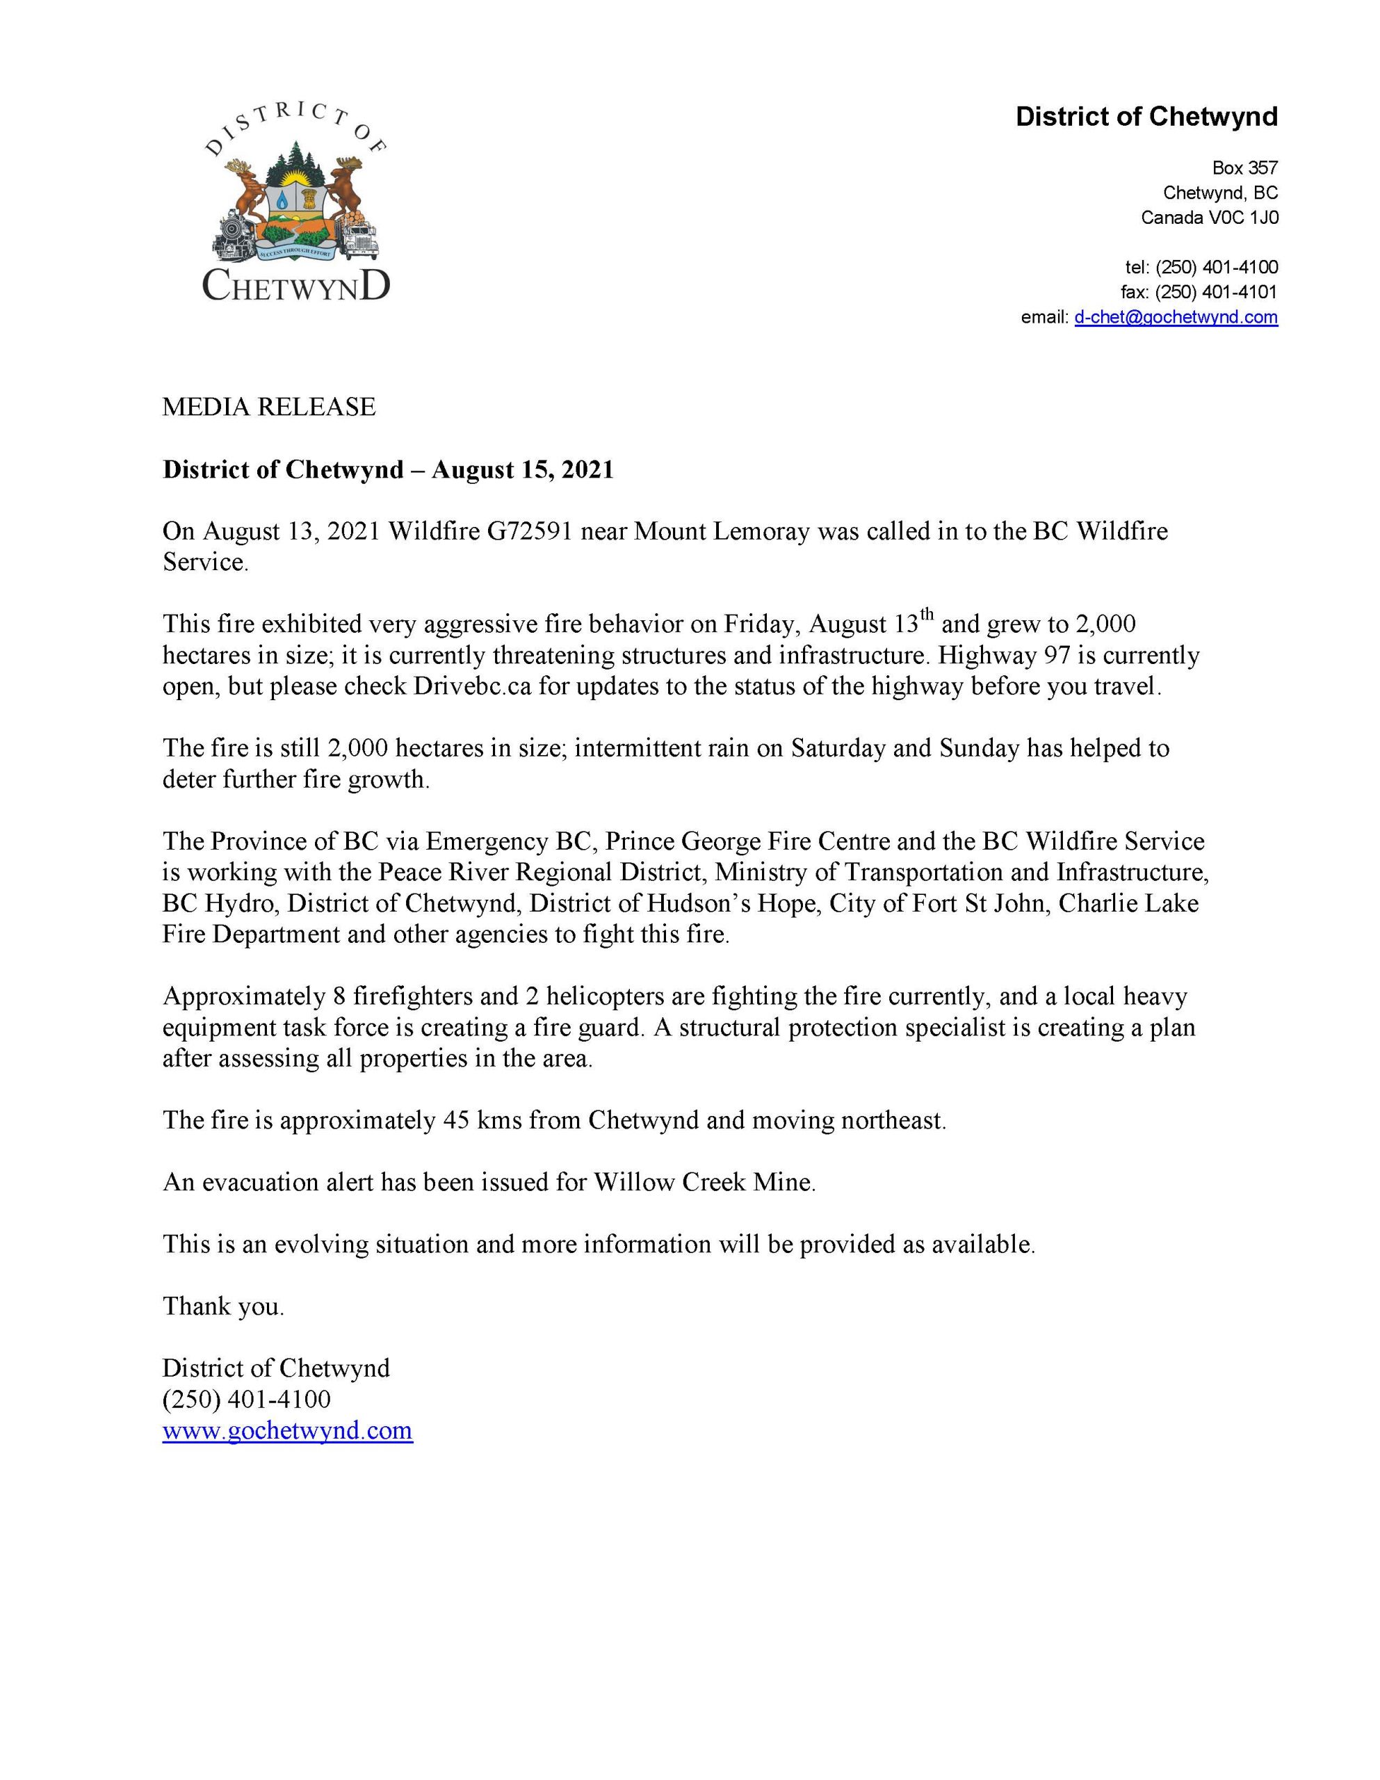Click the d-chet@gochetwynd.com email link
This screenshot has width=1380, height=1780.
(1175, 317)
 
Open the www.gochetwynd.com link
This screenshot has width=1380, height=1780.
(287, 1430)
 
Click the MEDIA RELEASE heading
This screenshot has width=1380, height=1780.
(269, 407)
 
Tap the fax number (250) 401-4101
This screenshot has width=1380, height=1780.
(1216, 292)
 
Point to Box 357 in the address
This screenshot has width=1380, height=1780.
(1244, 168)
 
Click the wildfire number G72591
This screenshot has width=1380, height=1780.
(530, 531)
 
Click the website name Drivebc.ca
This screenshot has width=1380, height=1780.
(472, 686)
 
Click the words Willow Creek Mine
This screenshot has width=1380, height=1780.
(704, 1182)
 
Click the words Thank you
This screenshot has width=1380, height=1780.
(223, 1306)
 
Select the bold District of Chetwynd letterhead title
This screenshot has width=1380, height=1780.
(1146, 118)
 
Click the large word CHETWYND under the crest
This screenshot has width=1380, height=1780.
(296, 285)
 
